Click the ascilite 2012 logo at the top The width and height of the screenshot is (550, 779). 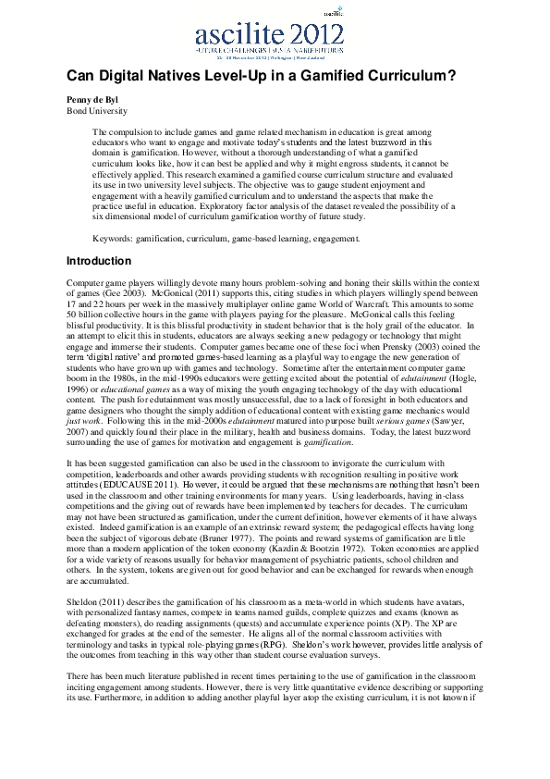click(275, 37)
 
